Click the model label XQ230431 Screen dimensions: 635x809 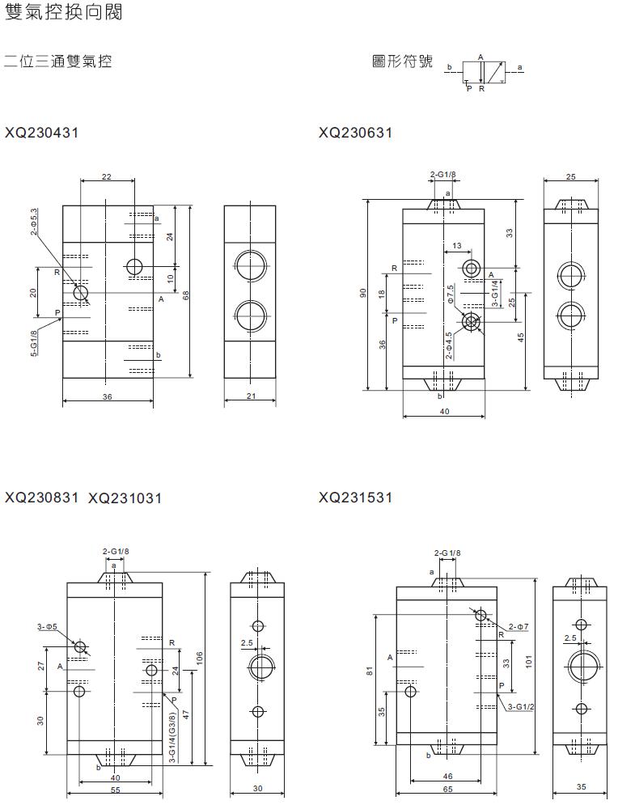tap(42, 133)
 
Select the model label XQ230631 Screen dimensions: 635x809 tap(356, 133)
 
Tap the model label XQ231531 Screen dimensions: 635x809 tap(356, 498)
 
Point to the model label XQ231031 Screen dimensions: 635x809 tap(125, 498)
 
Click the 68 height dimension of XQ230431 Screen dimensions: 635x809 tap(186, 295)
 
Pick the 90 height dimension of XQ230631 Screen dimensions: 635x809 tap(362, 293)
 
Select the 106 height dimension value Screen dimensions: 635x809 tap(200, 658)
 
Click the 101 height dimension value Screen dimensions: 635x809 tap(528, 662)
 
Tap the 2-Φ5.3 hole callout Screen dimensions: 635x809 tap(34, 222)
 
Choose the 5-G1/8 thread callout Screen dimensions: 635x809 tap(34, 343)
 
